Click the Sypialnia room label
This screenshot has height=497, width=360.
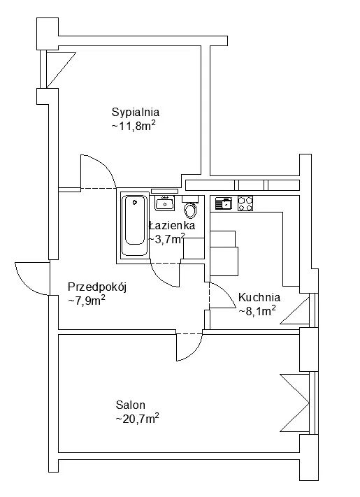[136, 113]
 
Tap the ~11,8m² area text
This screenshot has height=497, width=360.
[134, 126]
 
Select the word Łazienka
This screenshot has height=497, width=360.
[172, 226]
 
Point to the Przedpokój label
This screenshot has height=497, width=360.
[97, 287]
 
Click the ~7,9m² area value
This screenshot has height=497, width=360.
[87, 301]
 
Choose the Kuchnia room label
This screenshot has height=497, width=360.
[259, 297]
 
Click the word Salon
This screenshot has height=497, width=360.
[131, 405]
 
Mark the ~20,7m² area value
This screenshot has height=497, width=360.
[137, 419]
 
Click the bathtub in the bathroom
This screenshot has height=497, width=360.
[135, 226]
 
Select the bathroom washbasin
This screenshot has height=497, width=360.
[164, 203]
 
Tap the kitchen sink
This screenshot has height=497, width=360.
[223, 203]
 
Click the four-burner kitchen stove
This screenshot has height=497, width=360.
[245, 203]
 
